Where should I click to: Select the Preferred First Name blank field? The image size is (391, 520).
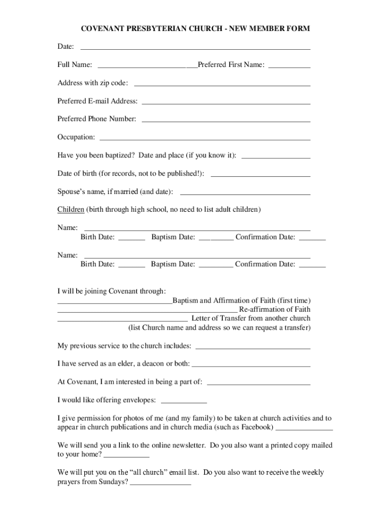289,66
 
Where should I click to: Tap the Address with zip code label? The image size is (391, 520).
92,83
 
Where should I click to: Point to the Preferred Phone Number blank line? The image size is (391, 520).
226,120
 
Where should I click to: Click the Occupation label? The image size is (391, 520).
76,137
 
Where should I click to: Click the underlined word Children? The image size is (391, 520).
71,209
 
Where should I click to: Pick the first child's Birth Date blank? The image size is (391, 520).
132,238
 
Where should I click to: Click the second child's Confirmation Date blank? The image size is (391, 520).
312,265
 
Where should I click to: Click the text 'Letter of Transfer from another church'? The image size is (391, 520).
251,318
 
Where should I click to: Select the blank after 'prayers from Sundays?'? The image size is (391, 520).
160,483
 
